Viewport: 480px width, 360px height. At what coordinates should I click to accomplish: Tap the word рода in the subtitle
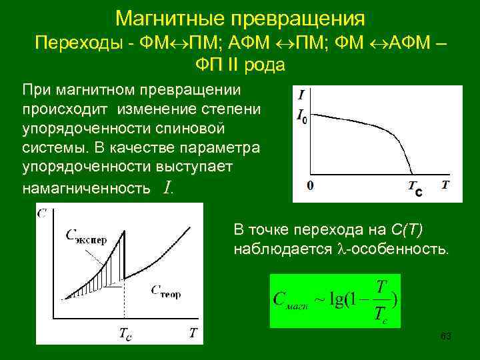click(x=264, y=65)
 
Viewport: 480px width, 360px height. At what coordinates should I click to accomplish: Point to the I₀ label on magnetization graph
click(x=301, y=116)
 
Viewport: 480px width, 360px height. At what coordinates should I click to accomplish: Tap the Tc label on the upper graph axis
click(x=415, y=189)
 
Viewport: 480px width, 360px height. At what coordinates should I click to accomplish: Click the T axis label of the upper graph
click(x=445, y=184)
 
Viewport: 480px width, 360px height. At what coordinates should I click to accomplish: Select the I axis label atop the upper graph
click(x=302, y=95)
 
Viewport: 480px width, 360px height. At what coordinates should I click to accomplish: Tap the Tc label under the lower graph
click(x=125, y=333)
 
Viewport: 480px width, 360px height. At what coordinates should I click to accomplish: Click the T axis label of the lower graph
click(x=192, y=332)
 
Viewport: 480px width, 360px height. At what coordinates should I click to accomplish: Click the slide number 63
click(x=446, y=337)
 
